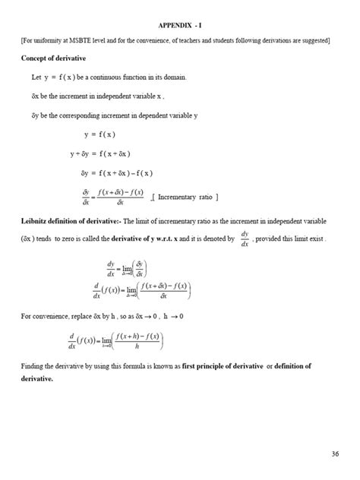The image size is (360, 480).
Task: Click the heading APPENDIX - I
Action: (180, 24)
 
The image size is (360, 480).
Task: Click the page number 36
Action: (335, 453)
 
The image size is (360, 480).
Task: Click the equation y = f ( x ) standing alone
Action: (99, 134)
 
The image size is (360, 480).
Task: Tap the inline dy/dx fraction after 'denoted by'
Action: (245, 238)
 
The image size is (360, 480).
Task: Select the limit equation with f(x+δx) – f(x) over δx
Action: (141, 292)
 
